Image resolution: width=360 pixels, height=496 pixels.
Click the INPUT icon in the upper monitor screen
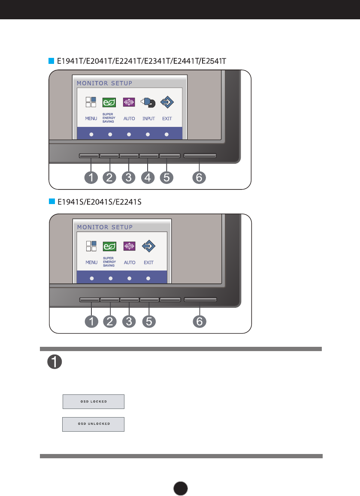click(148, 103)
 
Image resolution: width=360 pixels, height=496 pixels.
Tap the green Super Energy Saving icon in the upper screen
click(109, 103)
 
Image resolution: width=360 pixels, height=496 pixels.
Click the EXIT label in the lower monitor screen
click(148, 262)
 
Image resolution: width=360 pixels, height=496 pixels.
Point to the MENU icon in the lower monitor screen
click(91, 246)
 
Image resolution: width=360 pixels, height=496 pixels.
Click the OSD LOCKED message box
click(94, 402)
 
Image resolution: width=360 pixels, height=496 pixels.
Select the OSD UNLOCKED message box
click(94, 424)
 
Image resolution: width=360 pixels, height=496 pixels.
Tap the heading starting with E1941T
click(142, 61)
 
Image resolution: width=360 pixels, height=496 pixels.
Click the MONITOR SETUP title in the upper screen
click(105, 83)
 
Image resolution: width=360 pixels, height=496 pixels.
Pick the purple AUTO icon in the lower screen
click(129, 246)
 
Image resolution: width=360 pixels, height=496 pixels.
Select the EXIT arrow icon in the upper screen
click(167, 103)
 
